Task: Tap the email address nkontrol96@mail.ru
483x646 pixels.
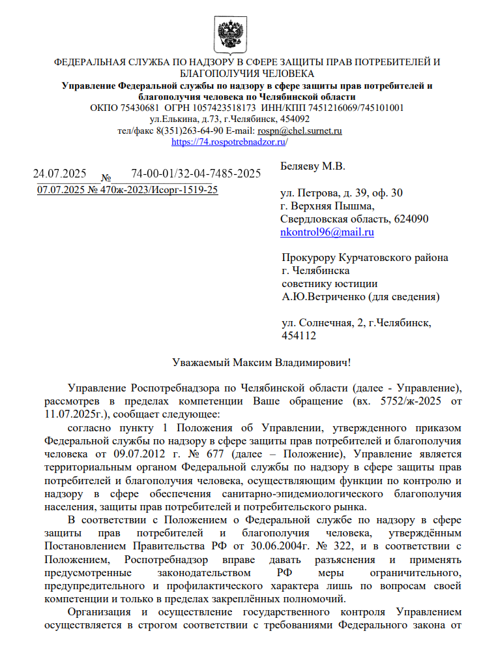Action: coord(327,232)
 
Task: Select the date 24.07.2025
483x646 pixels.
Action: coord(60,174)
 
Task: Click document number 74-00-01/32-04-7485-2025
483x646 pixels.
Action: coord(196,174)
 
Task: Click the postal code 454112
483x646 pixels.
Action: coord(298,336)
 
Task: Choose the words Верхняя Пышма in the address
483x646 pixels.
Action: coord(332,206)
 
